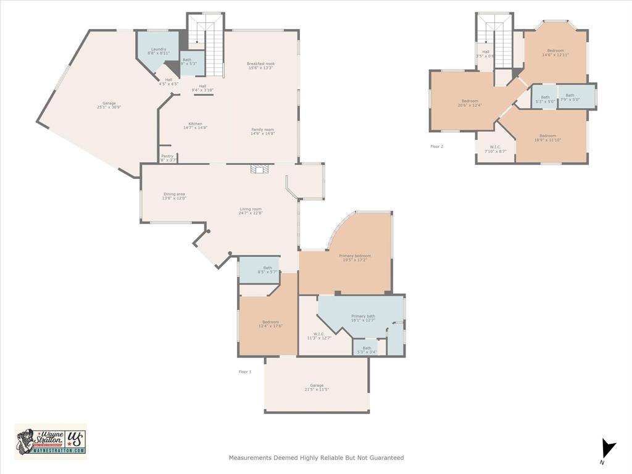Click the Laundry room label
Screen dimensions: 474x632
159,51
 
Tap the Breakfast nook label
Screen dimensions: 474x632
260,66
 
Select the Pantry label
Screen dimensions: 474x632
168,158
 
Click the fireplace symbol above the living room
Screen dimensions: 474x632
258,168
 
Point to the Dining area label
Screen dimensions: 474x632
174,196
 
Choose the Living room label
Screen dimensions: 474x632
251,211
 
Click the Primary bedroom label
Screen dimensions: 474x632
355,258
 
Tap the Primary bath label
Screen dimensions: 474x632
363,318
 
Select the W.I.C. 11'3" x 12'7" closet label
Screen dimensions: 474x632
319,336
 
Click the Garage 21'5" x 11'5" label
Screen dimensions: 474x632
317,388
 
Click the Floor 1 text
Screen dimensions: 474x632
245,372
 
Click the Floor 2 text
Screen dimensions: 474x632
436,146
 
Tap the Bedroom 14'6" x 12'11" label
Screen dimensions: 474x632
555,52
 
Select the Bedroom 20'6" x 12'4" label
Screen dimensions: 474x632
470,103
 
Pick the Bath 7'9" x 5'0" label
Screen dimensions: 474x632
569,98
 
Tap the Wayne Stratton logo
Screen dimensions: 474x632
51,441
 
